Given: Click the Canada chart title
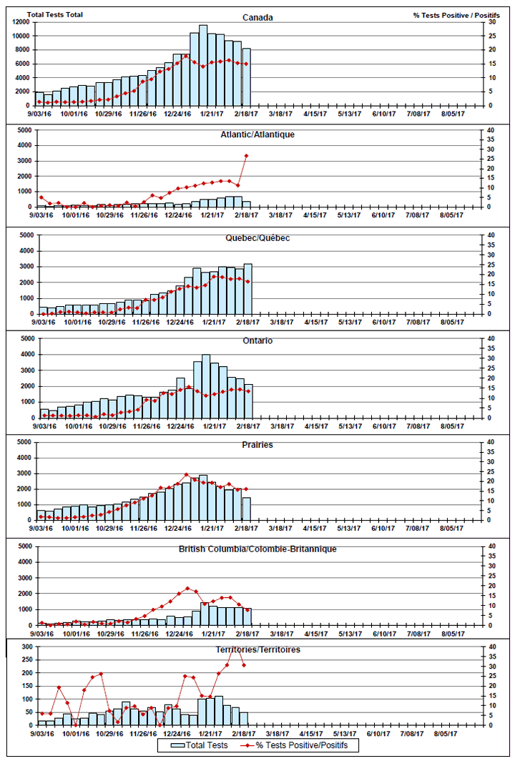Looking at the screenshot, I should [257, 18].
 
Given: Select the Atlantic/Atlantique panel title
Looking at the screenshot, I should [257, 134].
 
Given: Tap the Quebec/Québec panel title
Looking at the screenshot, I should [257, 237].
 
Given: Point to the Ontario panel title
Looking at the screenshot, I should [257, 341].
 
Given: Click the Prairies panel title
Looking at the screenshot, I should [257, 445].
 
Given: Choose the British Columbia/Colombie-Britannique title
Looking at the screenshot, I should [257, 549].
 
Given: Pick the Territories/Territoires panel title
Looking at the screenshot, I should [257, 649].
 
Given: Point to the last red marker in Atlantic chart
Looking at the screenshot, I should [246, 155].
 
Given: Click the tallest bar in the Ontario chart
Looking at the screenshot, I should [206, 386].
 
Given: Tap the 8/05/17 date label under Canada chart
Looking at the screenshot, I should [452, 113].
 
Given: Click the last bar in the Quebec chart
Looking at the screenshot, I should [247, 289].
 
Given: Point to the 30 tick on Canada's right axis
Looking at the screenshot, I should [491, 22].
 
